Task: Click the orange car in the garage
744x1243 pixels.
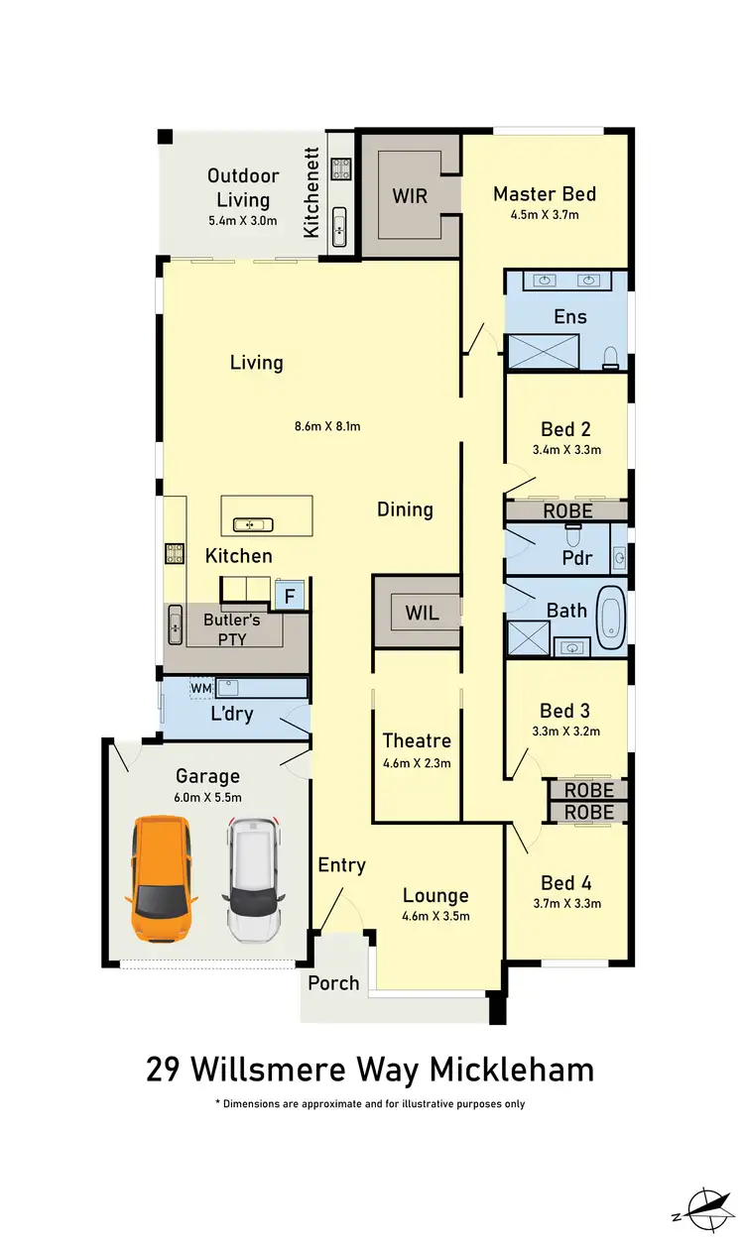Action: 160,879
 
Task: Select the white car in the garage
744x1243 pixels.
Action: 254,879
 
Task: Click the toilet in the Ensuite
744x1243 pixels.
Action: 611,354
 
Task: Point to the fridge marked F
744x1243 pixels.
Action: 290,597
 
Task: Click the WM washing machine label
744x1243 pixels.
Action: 201,687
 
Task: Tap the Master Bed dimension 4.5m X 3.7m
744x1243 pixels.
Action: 544,215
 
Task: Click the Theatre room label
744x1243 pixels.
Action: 417,740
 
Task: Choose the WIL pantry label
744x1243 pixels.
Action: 422,614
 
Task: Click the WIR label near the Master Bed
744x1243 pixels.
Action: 409,195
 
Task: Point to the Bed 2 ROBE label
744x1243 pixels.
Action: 567,511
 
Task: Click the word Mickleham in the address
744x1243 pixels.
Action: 512,1070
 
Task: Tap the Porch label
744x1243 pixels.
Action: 333,982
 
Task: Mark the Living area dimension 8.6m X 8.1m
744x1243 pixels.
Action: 326,427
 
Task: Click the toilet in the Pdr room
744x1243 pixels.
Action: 572,535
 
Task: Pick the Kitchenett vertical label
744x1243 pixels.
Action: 310,192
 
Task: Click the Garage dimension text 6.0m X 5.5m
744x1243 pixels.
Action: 207,797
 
